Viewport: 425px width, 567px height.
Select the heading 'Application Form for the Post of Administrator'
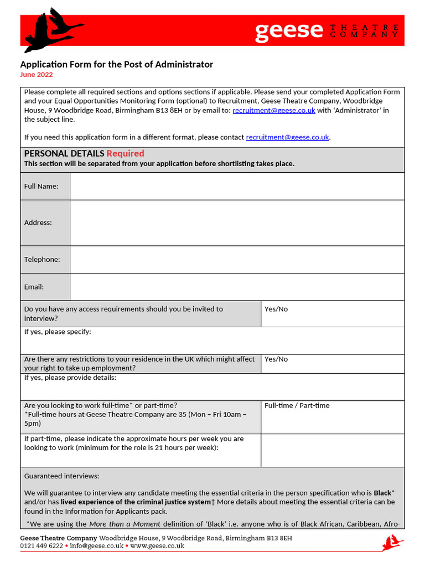pos(117,64)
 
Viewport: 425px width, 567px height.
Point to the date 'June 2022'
pos(37,75)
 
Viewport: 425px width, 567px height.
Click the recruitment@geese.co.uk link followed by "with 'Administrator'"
pos(274,110)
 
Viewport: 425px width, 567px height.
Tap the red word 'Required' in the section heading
pos(125,153)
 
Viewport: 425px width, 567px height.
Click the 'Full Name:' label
pos(42,186)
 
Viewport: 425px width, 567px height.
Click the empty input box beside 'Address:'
pos(237,223)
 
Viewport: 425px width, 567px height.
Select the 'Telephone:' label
pos(42,259)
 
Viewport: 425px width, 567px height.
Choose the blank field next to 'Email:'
pos(237,287)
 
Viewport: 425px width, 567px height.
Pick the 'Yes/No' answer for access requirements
pos(276,309)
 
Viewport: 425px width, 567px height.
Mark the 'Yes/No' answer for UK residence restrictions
pos(276,359)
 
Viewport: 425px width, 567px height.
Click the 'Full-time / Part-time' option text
pos(297,405)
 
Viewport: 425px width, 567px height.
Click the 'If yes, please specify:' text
pos(58,332)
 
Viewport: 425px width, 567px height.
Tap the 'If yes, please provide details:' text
pos(70,378)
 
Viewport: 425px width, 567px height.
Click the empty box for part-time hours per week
pos(332,450)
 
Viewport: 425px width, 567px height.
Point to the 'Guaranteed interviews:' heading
pos(62,476)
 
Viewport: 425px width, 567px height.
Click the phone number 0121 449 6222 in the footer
pos(42,546)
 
